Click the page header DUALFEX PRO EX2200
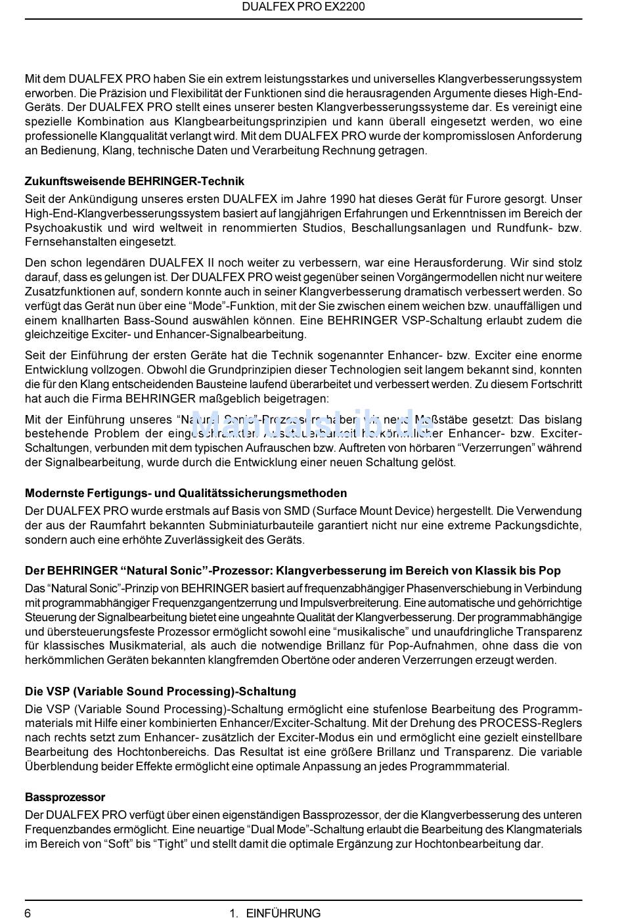[x=303, y=7]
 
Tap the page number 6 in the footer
[x=28, y=912]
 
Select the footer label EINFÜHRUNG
[x=283, y=912]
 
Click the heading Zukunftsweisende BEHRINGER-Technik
[x=134, y=181]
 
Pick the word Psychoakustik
[x=63, y=228]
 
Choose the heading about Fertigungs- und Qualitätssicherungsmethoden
[x=186, y=493]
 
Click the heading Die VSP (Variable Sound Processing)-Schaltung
[x=160, y=691]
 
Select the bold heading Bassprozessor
[x=65, y=797]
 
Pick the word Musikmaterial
[x=143, y=646]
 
